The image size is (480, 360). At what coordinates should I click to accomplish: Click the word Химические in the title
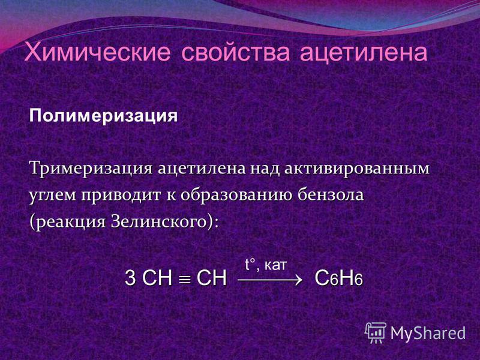pos(97,52)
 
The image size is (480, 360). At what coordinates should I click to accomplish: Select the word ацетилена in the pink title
pos(364,53)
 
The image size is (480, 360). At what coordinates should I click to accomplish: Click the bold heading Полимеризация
pos(103,116)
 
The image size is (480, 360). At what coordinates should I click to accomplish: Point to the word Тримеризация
pos(91,169)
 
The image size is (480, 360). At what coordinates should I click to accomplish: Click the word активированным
pos(357,169)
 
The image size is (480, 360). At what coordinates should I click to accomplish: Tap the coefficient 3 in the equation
pos(130,278)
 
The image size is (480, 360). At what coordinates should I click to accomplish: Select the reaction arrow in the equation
pos(270,280)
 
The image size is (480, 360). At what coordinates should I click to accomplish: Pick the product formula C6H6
pos(339,278)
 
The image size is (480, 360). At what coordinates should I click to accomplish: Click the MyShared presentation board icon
pos(376,332)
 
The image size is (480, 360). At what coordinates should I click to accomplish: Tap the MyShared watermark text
pos(428,333)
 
